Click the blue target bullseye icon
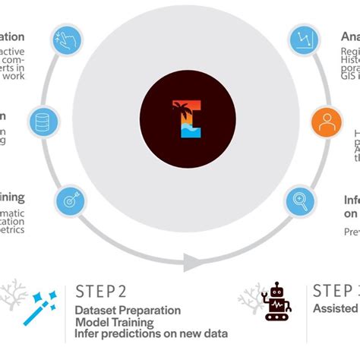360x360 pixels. [x=69, y=203]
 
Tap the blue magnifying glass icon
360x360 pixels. [x=299, y=201]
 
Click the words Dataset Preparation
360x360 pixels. [x=128, y=310]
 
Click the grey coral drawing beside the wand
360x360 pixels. [x=13, y=296]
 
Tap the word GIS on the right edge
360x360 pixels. [x=349, y=77]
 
